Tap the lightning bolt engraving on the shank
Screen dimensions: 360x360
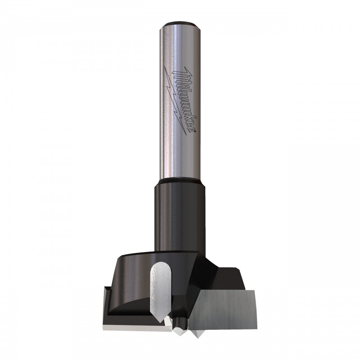pos(175,101)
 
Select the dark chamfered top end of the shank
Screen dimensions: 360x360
pos(179,24)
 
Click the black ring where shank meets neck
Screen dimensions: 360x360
pos(179,180)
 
